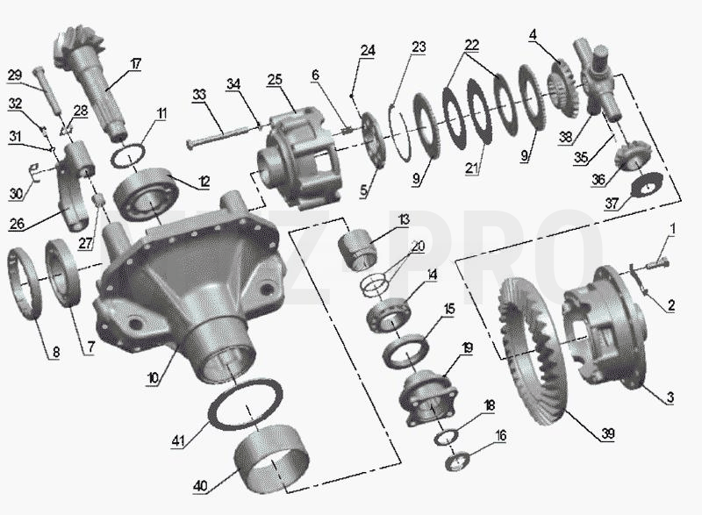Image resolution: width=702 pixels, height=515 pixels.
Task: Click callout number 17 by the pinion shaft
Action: pos(136,64)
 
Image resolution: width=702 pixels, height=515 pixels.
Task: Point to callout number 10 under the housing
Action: pos(153,378)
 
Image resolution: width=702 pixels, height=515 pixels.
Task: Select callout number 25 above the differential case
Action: pos(275,80)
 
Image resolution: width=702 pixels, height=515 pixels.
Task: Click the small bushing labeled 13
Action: pos(357,250)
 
